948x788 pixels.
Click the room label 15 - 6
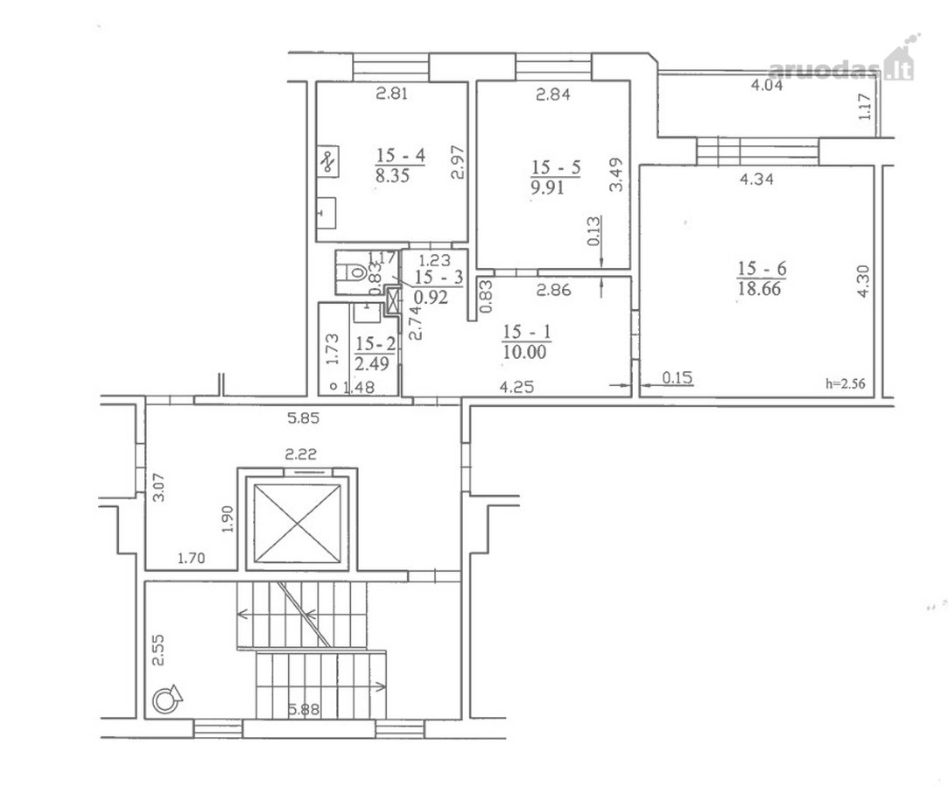(762, 268)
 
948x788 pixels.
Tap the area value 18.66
(760, 288)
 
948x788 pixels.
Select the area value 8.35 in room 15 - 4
(392, 176)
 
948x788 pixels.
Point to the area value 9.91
(548, 187)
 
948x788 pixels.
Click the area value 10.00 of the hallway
(524, 352)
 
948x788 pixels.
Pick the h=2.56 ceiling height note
(846, 383)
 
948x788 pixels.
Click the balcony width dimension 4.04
(767, 85)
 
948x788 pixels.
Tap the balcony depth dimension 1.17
(866, 107)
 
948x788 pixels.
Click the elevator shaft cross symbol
(297, 524)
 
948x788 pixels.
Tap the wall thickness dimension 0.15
(678, 378)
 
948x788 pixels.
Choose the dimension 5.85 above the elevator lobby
(302, 418)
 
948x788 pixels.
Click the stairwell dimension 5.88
(304, 708)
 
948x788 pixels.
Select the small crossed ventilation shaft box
(393, 300)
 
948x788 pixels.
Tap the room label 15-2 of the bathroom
(376, 344)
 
